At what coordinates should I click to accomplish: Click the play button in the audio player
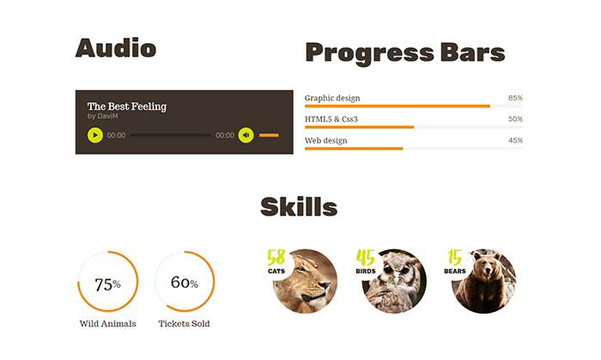pos(95,135)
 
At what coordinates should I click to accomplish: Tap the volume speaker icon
pos(246,135)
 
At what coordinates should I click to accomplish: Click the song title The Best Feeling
pos(127,107)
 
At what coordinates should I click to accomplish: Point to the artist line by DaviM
pos(102,116)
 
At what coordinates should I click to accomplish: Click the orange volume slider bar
pos(269,135)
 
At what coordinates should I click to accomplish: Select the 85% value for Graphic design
pos(515,98)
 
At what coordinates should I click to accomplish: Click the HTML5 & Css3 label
pos(331,119)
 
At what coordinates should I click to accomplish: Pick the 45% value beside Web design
pos(515,140)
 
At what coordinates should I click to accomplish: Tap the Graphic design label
pos(332,98)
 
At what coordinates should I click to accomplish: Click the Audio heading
pos(116,48)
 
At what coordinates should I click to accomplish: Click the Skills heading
pos(299,207)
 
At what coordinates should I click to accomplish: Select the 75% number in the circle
pos(107,284)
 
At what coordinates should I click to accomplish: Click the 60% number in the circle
pos(185,282)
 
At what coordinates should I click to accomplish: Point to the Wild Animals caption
pos(107,324)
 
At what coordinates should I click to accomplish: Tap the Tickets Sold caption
pos(184,324)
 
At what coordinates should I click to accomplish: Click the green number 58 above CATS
pos(276,257)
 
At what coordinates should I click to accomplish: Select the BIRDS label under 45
pos(366,271)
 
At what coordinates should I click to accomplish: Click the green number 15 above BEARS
pos(454,257)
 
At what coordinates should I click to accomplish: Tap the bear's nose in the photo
pos(487,272)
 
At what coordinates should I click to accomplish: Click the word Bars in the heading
pos(472,52)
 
